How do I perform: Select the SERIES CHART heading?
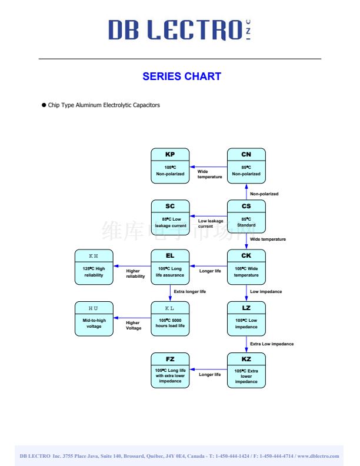coord(182,76)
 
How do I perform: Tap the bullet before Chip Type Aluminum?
coord(44,105)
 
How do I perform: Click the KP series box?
coord(170,165)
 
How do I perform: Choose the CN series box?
coord(246,165)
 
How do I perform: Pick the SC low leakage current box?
coord(170,217)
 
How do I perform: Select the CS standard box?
coord(246,217)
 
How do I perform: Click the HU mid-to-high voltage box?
coord(94,318)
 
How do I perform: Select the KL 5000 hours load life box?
coord(170,318)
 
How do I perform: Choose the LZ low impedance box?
coord(246,318)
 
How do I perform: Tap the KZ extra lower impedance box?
coord(246,370)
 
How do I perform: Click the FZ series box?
coord(170,370)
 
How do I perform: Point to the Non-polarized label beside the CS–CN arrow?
coord(264,194)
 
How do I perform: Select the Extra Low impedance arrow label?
coord(272,344)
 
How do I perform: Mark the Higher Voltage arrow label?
coord(134,325)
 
